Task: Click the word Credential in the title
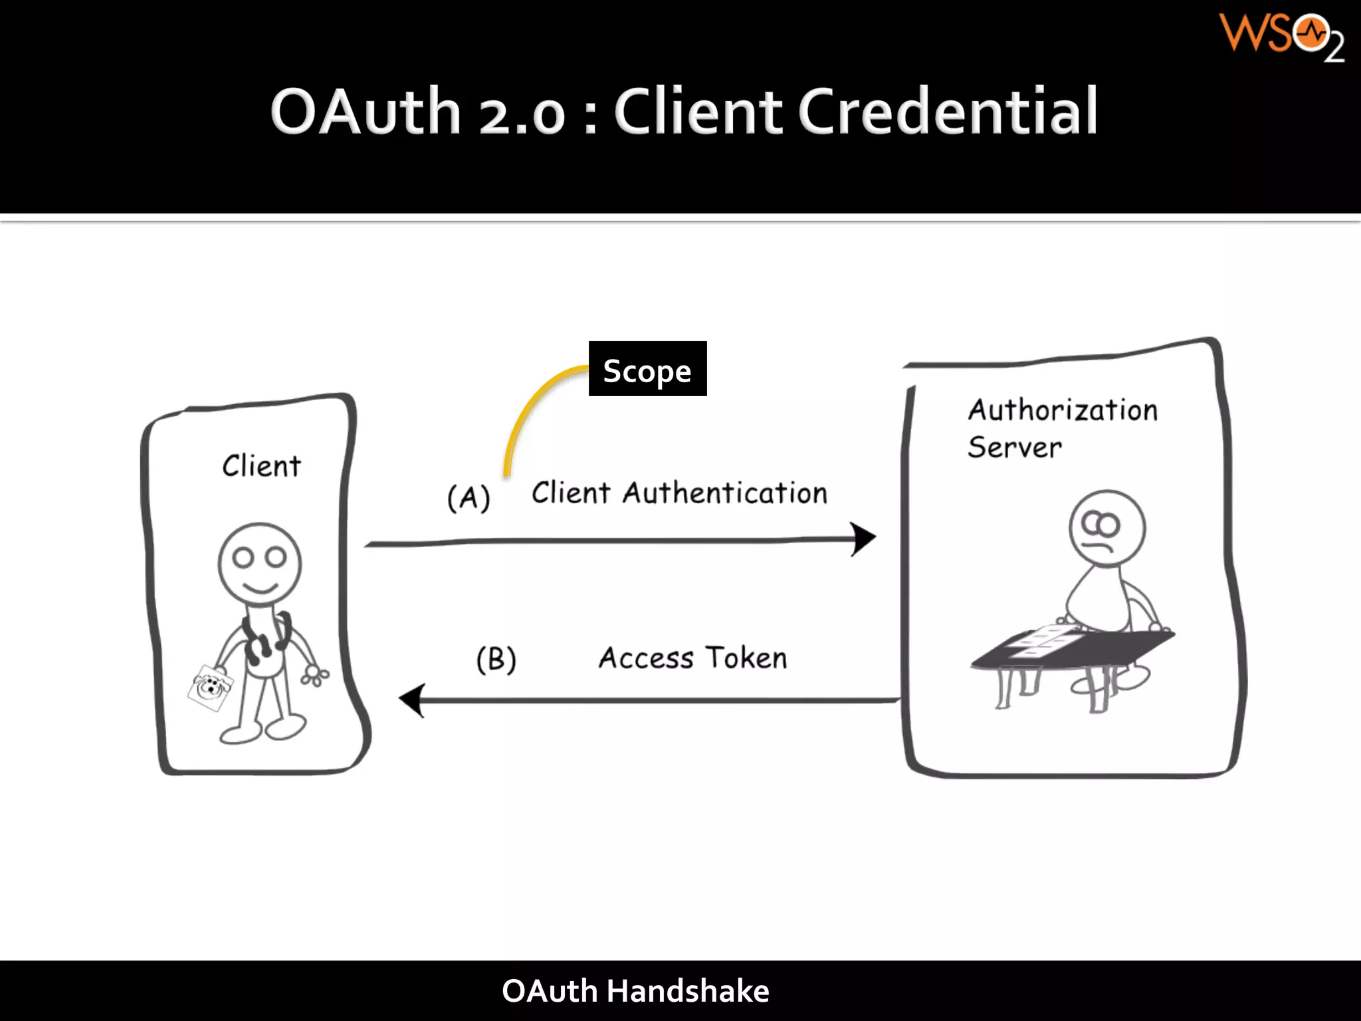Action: pos(947,112)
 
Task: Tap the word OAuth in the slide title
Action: pos(366,112)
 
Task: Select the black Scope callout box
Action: pos(647,369)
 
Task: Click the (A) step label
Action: pos(469,497)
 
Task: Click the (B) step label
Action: pos(496,659)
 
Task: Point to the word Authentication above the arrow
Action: pos(725,493)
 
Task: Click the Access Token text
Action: pos(692,658)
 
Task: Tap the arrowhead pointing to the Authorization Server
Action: pos(863,539)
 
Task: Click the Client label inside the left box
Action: pos(261,466)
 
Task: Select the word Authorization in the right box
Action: pos(1062,410)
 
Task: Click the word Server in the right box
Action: pos(1014,447)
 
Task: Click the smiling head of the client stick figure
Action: pos(260,562)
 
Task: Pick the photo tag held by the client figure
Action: pos(210,687)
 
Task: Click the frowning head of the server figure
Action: pos(1106,528)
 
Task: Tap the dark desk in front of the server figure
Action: pos(1070,648)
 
